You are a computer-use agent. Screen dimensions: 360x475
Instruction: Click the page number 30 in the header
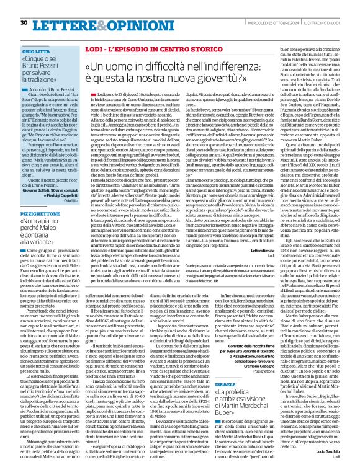(24, 6)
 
